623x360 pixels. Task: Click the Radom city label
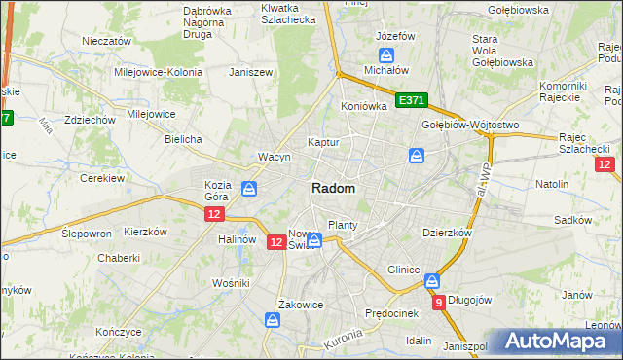[333, 188]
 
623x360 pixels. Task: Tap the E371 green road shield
[412, 100]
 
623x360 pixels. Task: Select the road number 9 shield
[439, 303]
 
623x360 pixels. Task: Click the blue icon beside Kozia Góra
[249, 189]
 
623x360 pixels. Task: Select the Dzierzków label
[447, 234]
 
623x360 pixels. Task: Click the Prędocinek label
[391, 313]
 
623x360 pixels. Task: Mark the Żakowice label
[300, 304]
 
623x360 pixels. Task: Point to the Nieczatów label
[106, 42]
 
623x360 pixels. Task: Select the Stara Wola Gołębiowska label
[502, 51]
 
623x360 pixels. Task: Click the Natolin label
[552, 183]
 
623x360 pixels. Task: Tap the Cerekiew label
[100, 178]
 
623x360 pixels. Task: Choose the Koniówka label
[364, 106]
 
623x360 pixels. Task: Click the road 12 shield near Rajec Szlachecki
[605, 165]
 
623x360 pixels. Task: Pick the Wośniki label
[232, 282]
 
